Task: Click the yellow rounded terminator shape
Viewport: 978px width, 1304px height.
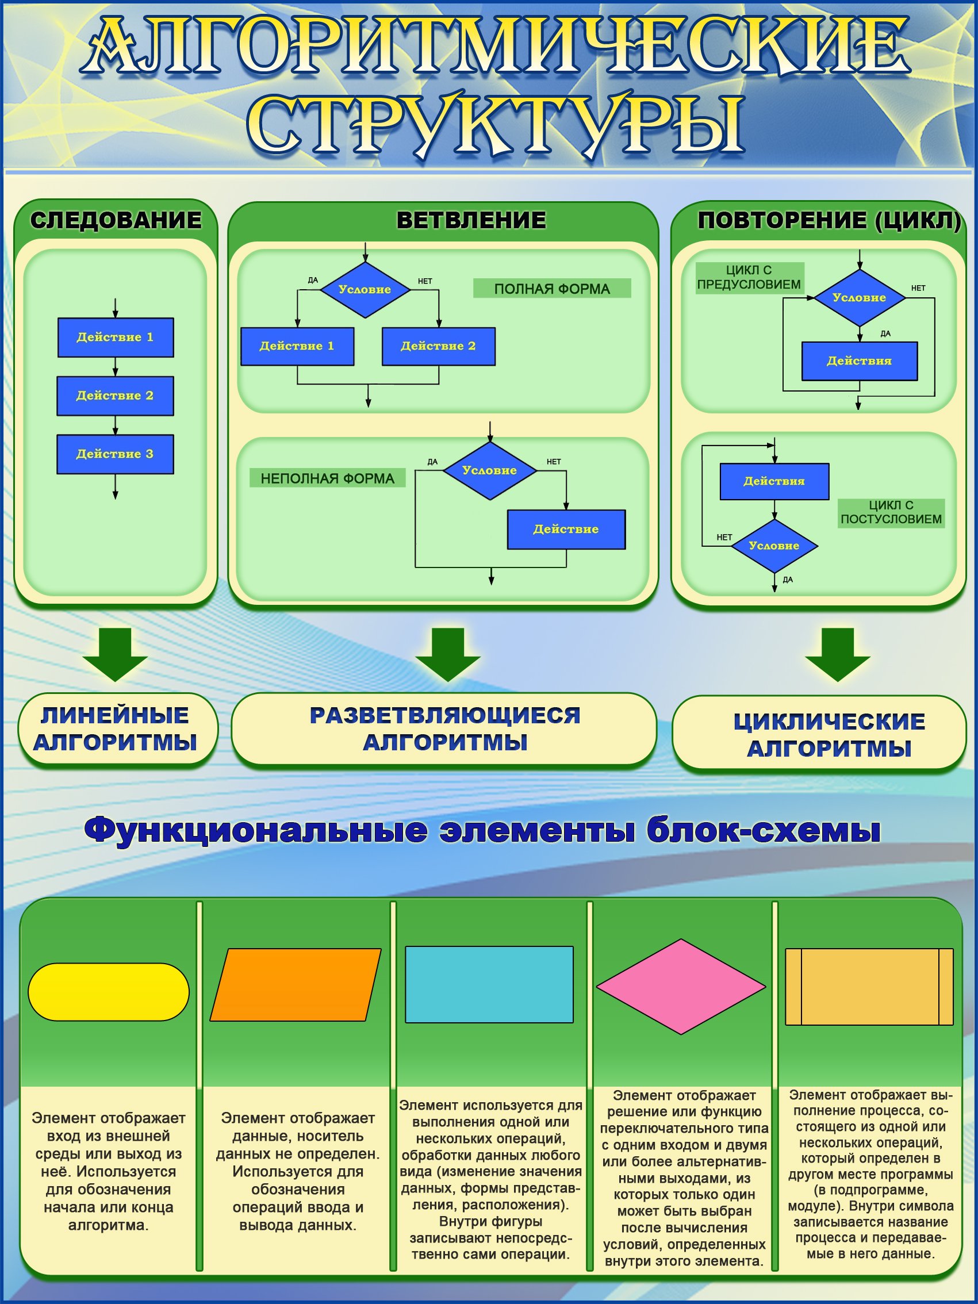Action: point(109,992)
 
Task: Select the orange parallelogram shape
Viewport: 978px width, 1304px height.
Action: point(296,984)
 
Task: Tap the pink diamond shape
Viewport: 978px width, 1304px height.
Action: point(681,986)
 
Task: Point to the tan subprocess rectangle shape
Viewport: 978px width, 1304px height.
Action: point(869,986)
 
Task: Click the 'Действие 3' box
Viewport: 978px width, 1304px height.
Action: point(115,454)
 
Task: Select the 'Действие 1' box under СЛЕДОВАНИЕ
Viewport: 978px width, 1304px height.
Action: point(115,337)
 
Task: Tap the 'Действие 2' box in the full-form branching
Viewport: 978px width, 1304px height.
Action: point(438,346)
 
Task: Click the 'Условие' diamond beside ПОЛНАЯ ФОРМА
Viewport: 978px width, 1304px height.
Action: point(365,289)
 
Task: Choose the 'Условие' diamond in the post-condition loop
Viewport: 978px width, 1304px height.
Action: point(774,546)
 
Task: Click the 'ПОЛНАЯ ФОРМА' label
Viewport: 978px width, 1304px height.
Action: point(552,289)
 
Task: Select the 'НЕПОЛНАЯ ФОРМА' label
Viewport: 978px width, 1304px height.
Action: point(327,478)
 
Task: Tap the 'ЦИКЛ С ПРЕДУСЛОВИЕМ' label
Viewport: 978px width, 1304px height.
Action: point(749,278)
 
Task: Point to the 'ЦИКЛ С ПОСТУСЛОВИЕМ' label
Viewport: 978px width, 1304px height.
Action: point(891,512)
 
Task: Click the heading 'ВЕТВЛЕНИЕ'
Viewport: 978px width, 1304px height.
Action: point(470,220)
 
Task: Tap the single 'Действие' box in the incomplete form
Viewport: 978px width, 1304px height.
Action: point(566,530)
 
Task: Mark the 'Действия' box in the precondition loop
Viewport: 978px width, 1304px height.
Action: point(859,360)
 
